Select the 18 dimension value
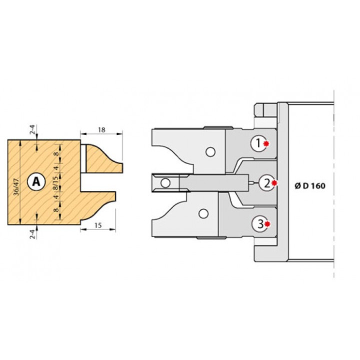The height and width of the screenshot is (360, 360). point(101,129)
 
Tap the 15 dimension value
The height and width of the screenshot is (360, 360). point(98,225)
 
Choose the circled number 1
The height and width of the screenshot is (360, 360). point(258,143)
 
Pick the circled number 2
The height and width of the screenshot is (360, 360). point(267,183)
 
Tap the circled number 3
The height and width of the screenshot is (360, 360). point(259,224)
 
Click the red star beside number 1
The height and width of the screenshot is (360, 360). point(266,143)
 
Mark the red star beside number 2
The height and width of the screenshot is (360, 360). point(274,183)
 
